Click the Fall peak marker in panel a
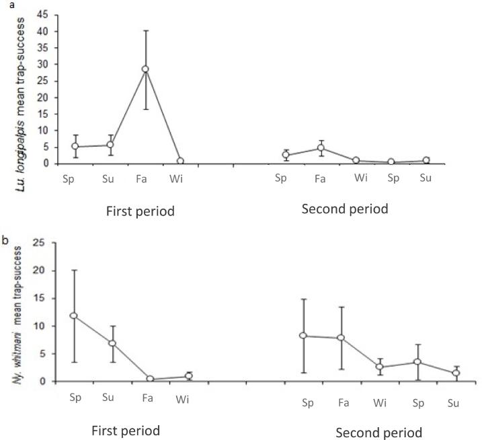point(145,69)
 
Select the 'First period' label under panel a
point(140,211)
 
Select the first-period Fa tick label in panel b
point(150,398)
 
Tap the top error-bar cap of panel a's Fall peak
point(145,30)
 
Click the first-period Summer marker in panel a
point(110,145)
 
